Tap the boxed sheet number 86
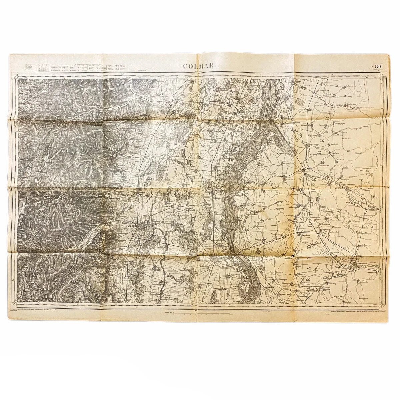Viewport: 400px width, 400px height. [x=378, y=66]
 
